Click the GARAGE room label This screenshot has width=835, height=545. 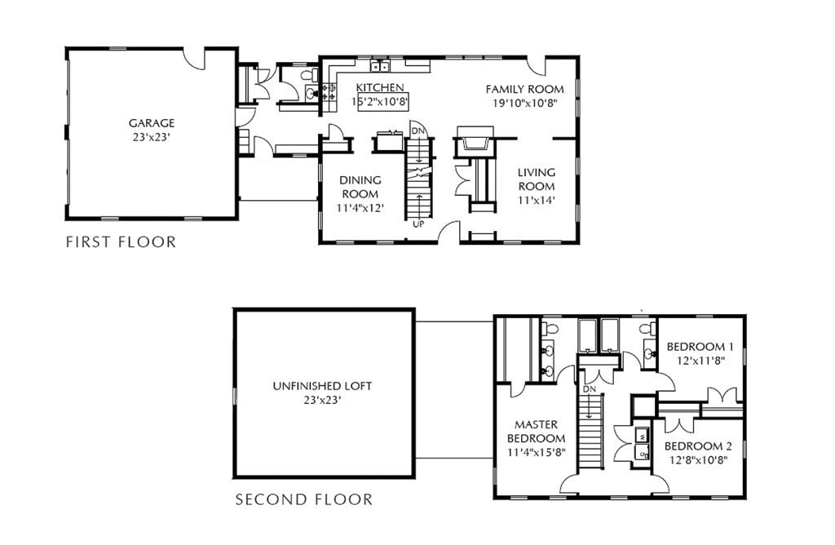click(x=151, y=123)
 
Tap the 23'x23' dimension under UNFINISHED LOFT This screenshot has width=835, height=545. click(x=322, y=400)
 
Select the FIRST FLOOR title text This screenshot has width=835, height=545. click(x=120, y=241)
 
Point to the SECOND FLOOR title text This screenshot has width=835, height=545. click(x=303, y=499)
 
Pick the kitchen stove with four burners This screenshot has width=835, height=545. click(x=330, y=96)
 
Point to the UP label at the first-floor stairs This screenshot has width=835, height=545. click(x=417, y=223)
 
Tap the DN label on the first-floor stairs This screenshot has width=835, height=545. click(x=417, y=131)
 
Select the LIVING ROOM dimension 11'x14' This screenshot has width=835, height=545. click(x=536, y=200)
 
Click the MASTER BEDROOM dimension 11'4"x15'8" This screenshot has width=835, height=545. click(x=536, y=451)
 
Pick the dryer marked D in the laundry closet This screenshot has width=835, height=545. click(x=642, y=452)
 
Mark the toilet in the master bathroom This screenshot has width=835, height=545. click(x=550, y=329)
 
